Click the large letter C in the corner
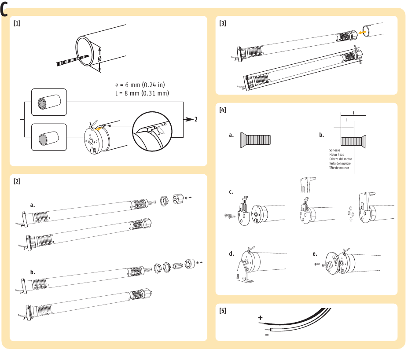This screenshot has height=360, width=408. click(x=5, y=9)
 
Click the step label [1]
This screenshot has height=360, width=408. click(x=17, y=24)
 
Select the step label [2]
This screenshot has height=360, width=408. click(x=17, y=181)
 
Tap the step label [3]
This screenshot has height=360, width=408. click(x=223, y=24)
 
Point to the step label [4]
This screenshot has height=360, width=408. click(x=223, y=110)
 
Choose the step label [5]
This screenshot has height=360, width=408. click(x=223, y=310)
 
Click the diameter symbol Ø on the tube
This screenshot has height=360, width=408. click(x=100, y=59)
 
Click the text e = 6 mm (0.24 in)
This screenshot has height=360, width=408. click(x=140, y=84)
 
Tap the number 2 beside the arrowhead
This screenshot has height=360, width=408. click(x=197, y=119)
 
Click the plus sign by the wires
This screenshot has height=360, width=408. click(x=260, y=318)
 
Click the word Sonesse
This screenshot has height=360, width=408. click(x=335, y=151)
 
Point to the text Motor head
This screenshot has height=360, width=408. click(x=338, y=155)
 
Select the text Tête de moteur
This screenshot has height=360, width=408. click(x=339, y=168)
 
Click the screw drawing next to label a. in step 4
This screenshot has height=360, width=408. click(x=256, y=140)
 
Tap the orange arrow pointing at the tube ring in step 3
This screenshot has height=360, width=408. click(x=363, y=32)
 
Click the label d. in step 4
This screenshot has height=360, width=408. click(x=231, y=254)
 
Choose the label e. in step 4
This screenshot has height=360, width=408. click(x=315, y=254)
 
